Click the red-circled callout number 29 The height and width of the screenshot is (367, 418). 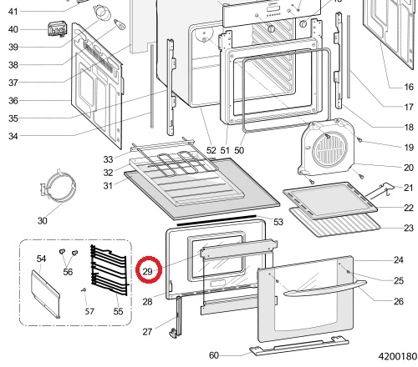click(147, 271)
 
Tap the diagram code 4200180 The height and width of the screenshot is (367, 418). click(398, 356)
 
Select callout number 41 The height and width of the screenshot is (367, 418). click(13, 12)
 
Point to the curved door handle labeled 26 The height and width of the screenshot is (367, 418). click(325, 289)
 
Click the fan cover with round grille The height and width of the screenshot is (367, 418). click(327, 148)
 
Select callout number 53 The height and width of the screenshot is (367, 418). click(278, 222)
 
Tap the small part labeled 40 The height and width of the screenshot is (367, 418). click(58, 29)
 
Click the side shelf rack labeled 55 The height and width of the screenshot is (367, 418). click(110, 269)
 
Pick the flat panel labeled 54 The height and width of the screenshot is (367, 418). click(45, 294)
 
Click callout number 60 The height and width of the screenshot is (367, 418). click(214, 355)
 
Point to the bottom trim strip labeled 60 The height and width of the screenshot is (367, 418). click(299, 346)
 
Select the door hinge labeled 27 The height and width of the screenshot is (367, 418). click(176, 317)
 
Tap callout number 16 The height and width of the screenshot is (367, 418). click(409, 87)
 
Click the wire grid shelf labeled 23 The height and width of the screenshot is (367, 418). click(335, 223)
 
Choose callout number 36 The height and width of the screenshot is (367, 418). click(13, 101)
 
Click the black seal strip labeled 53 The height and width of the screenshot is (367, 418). click(217, 220)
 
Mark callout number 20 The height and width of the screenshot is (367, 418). click(409, 168)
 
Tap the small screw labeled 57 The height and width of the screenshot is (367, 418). click(84, 290)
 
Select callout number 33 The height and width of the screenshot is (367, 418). click(108, 159)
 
